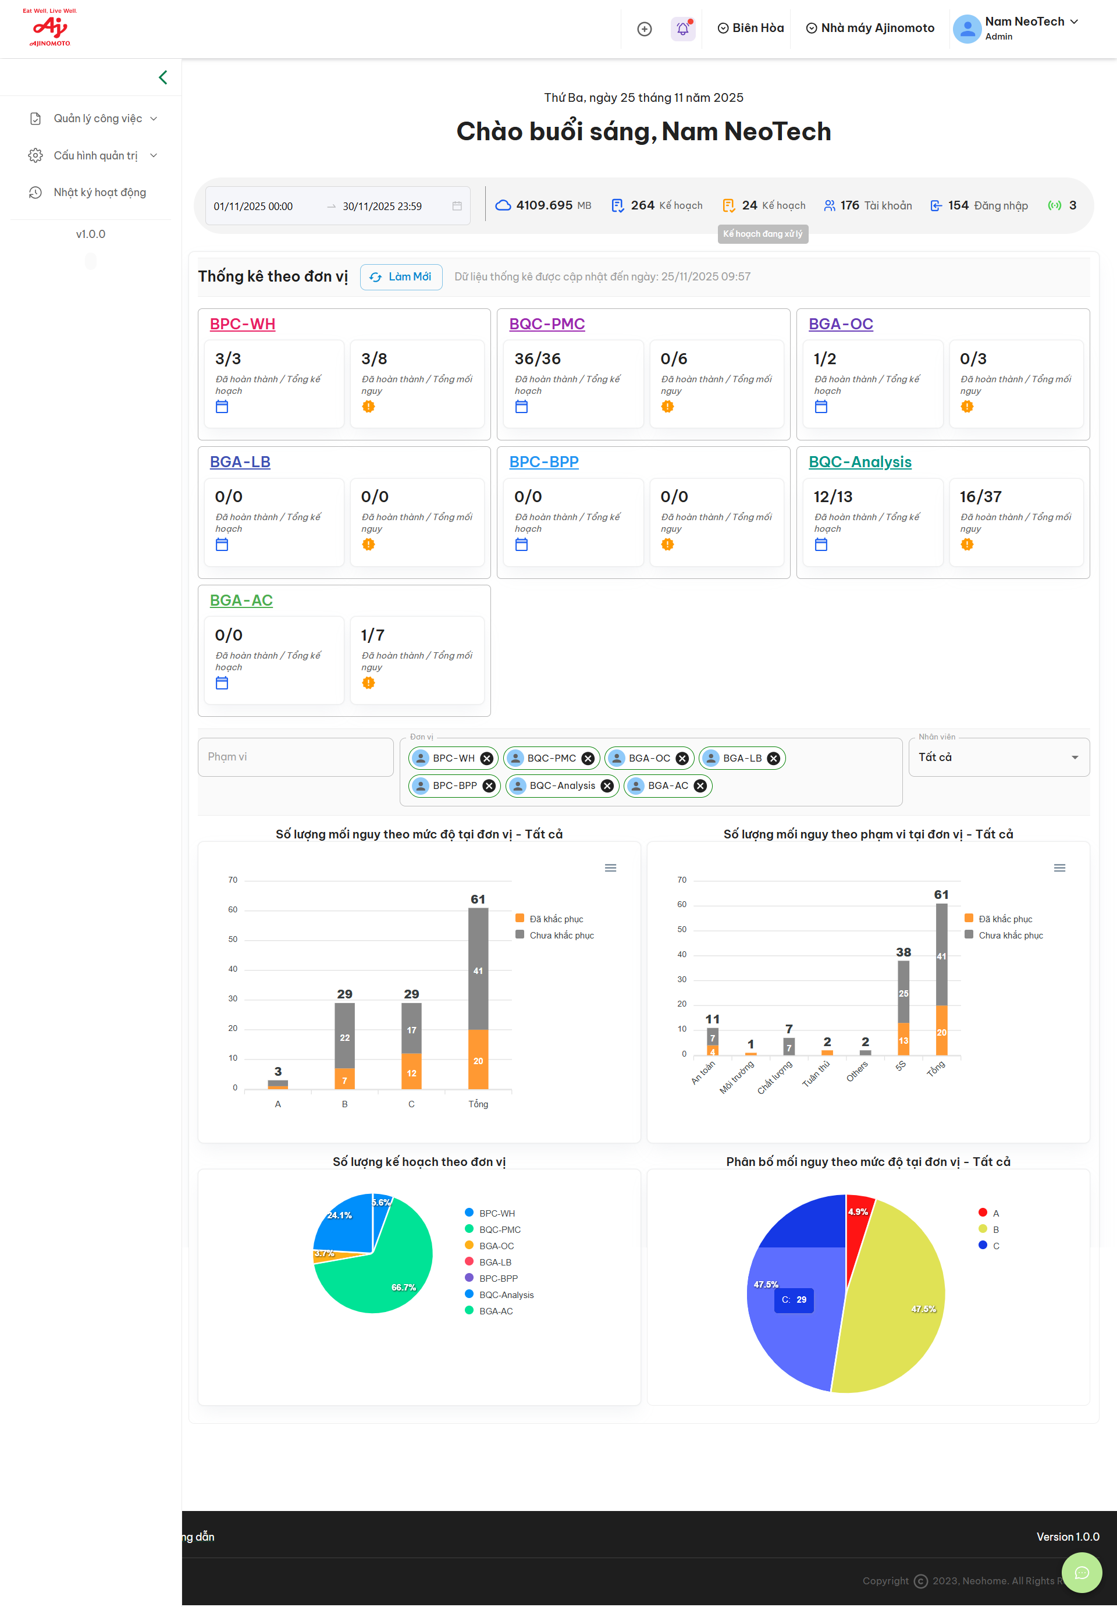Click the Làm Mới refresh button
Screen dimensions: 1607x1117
point(401,277)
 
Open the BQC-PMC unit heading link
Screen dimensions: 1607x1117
point(547,324)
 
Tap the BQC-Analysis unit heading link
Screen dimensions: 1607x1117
point(859,462)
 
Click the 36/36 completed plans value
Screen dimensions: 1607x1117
point(538,359)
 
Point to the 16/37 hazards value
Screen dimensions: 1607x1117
point(980,497)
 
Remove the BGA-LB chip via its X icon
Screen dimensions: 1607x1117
point(773,759)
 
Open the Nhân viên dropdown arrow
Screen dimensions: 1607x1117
point(1075,758)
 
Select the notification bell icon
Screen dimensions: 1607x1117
point(682,29)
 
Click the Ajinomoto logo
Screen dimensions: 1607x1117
point(49,28)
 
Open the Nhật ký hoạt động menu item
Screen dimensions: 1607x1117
point(99,193)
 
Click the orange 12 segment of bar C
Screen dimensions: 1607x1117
point(411,1072)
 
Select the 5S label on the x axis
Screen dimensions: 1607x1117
point(901,1066)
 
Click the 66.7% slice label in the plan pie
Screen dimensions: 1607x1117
point(404,1287)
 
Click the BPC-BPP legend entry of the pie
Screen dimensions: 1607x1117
point(499,1279)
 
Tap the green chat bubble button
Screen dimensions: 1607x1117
point(1082,1573)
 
